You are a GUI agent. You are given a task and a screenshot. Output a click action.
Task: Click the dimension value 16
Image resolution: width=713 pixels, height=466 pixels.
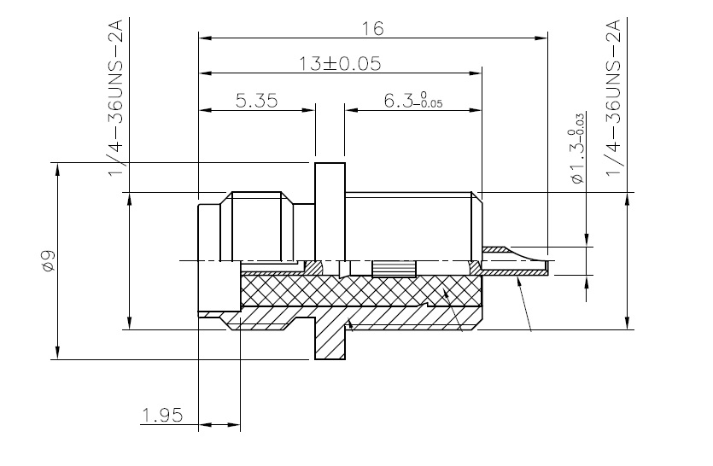coord(372,29)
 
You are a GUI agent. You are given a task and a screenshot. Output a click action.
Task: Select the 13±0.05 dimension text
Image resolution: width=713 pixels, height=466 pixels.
coord(340,64)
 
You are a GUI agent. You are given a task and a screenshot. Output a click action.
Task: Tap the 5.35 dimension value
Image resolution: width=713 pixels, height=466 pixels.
coord(256,101)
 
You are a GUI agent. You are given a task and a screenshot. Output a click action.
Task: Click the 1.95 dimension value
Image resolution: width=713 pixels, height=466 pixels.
coord(162,415)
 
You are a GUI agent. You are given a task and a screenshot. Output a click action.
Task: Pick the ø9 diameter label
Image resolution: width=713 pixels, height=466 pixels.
coord(48,261)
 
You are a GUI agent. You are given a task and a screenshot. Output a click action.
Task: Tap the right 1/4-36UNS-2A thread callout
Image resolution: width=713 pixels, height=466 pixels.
coord(613,99)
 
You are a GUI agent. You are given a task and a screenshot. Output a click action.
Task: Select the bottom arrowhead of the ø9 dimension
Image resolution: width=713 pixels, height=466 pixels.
coord(58,352)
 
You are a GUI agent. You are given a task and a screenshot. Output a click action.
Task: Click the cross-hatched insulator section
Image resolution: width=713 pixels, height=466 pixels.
coord(360,291)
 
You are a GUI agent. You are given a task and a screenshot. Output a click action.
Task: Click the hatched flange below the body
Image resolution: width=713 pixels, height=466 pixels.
coord(330,339)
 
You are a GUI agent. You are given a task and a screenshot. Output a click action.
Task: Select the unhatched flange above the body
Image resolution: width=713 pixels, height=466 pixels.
coord(330,212)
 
